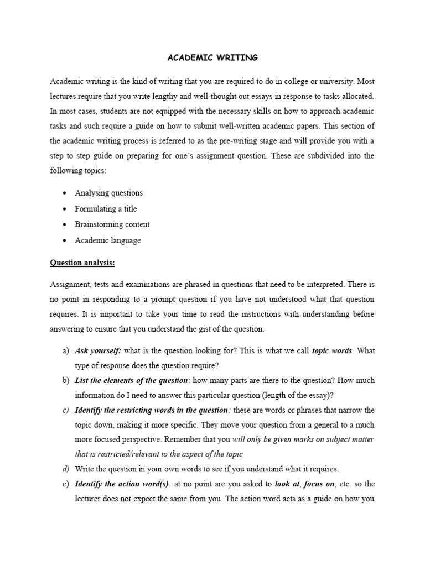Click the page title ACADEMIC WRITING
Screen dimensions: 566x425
point(212,57)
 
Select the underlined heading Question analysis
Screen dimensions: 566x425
point(82,263)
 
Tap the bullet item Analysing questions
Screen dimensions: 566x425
point(108,193)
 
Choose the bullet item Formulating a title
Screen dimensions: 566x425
point(106,209)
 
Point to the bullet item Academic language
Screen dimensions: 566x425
point(108,240)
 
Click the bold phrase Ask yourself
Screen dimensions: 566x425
point(98,351)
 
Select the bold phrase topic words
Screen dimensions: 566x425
point(332,351)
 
